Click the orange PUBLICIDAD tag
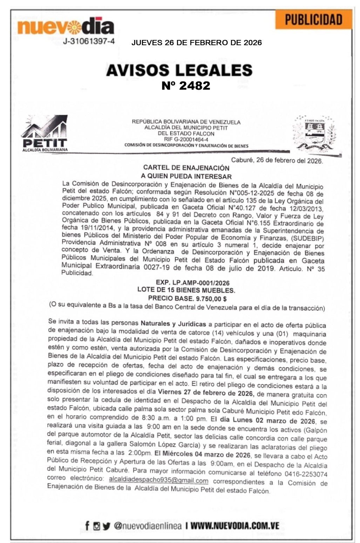(x=313, y=20)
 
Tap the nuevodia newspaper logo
(x=66, y=27)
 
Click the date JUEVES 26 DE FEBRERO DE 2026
(x=196, y=43)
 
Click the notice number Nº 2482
(x=186, y=85)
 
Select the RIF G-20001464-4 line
(x=186, y=139)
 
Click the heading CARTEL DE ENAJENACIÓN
(x=186, y=168)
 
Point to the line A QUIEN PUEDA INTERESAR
(x=186, y=176)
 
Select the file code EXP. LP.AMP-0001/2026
(x=193, y=283)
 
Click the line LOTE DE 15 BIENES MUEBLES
(x=186, y=290)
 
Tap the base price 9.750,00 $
(x=211, y=298)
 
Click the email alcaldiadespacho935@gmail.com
(x=158, y=480)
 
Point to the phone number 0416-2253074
(x=306, y=474)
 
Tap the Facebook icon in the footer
(x=87, y=525)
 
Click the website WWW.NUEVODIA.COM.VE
(x=235, y=526)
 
